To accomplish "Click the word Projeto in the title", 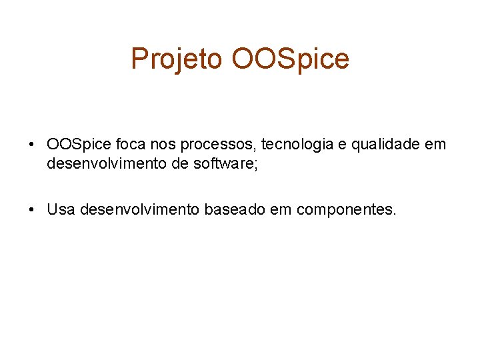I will (x=177, y=59).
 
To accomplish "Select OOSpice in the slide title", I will (x=290, y=59).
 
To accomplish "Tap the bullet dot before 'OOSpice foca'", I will (x=31, y=145).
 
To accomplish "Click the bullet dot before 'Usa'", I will (x=31, y=210).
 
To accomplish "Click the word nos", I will (x=164, y=144).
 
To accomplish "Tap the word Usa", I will (x=61, y=210).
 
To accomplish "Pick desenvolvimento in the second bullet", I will (x=139, y=210).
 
